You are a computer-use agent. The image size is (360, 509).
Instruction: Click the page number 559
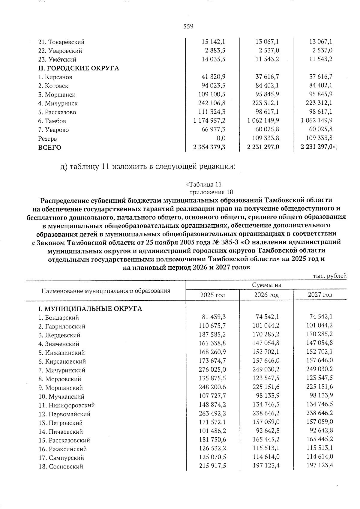[x=188, y=26]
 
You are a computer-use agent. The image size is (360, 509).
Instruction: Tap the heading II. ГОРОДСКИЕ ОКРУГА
[x=78, y=68]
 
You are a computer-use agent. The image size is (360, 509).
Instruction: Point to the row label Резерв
[x=47, y=139]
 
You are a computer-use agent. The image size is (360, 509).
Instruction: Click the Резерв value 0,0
[x=221, y=138]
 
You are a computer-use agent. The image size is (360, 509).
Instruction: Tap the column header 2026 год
[x=266, y=295]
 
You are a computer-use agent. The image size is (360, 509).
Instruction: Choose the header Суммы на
[x=266, y=285]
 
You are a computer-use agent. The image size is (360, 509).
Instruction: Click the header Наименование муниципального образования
[x=106, y=291]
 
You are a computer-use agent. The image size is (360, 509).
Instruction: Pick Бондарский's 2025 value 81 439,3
[x=212, y=317]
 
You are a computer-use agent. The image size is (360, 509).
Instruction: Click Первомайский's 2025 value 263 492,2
[x=212, y=413]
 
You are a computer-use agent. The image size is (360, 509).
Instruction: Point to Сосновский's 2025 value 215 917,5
[x=212, y=466]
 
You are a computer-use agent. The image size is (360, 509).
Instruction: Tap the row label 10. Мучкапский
[x=61, y=397]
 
